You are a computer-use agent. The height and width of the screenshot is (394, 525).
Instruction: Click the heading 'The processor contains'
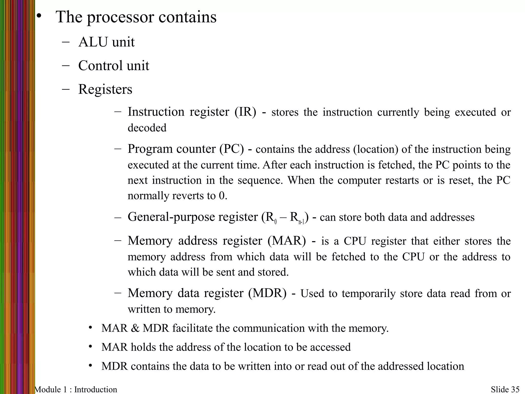136,17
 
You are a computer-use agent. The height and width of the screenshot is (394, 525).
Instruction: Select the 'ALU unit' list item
106,42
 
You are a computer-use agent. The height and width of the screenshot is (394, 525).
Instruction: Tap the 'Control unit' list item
114,66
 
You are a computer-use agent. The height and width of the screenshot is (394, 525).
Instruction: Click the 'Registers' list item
105,89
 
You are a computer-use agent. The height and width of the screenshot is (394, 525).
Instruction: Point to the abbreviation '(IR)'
245,112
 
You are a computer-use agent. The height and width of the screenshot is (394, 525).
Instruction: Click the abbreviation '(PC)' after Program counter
232,149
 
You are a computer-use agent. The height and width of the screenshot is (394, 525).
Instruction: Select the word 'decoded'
147,128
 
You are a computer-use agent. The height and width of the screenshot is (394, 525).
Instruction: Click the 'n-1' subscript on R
301,222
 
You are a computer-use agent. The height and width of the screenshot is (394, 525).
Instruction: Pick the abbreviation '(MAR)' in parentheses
287,241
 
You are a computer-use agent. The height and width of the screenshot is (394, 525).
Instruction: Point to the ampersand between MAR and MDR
135,328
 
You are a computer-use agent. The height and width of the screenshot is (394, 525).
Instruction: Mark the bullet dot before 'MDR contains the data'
90,365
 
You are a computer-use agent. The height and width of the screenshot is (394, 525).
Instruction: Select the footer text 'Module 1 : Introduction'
76,389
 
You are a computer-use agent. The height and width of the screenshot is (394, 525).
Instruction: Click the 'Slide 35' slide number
505,389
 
